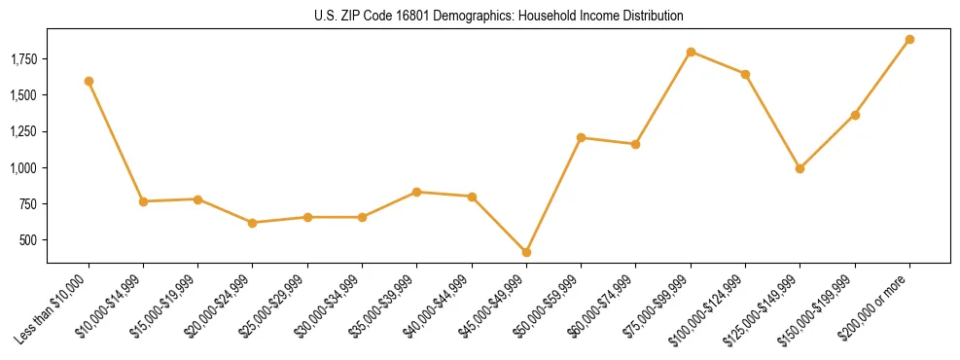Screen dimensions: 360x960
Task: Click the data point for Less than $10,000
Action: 89,81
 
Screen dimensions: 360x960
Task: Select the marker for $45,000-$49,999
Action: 526,252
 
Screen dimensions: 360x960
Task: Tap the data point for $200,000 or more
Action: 909,39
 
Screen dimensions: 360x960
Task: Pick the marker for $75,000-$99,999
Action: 691,52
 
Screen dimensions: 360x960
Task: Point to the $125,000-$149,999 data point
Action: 800,168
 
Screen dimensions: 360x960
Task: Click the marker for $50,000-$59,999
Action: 581,137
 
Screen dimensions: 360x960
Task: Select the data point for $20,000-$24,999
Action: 253,223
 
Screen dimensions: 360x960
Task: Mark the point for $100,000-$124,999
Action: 745,74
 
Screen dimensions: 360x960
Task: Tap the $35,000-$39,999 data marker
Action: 416,192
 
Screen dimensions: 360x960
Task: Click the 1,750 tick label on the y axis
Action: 23,59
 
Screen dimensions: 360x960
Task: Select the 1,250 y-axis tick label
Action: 23,132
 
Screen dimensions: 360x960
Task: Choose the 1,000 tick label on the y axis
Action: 23,168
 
